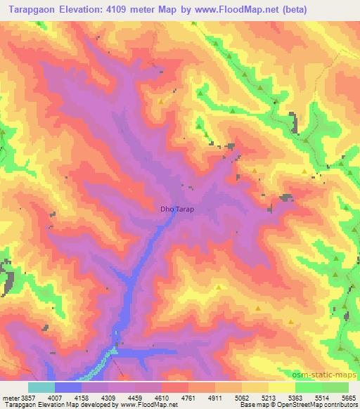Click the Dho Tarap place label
tap(176, 209)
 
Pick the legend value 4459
tap(148, 398)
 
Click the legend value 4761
tap(202, 398)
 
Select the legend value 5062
tap(255, 398)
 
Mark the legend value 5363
tap(308, 398)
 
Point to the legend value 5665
tap(347, 398)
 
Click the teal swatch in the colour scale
tap(41, 387)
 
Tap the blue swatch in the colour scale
tap(68, 387)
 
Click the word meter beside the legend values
tap(8, 398)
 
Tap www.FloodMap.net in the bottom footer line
tap(140, 405)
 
